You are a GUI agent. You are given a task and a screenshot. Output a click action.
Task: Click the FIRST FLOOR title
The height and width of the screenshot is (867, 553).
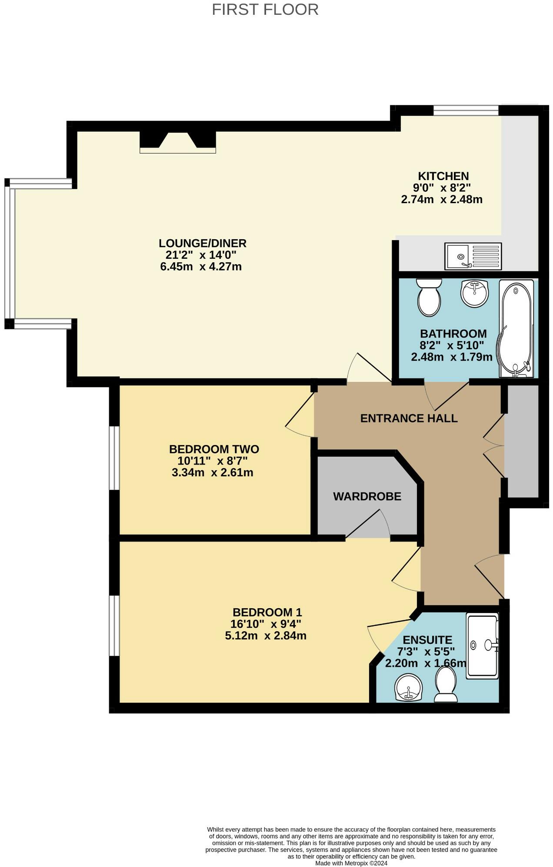(x=265, y=9)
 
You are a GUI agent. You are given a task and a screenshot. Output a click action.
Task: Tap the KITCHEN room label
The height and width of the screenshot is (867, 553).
(x=443, y=176)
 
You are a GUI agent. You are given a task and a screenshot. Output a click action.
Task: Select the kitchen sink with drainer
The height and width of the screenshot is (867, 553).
(x=473, y=256)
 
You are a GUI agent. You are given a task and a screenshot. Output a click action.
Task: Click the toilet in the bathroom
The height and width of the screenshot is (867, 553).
(x=429, y=297)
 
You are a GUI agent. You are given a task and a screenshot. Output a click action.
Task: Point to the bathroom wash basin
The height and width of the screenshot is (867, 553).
(x=474, y=293)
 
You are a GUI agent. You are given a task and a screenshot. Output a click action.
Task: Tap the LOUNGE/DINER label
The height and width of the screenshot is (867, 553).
(x=202, y=243)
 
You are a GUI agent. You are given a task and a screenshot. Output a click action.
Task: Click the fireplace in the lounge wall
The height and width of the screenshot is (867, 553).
(x=177, y=141)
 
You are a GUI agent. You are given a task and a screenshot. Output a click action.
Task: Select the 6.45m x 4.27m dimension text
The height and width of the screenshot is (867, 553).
(x=201, y=267)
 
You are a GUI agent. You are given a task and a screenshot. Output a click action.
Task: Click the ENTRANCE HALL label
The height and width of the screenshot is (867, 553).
(x=409, y=418)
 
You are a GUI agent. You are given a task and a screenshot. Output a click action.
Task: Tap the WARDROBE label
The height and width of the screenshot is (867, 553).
(x=367, y=496)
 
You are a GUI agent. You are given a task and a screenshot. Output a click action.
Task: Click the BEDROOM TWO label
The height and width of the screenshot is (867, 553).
(x=214, y=449)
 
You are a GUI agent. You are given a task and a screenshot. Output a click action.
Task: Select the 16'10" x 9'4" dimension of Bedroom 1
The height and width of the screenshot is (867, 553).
(x=266, y=624)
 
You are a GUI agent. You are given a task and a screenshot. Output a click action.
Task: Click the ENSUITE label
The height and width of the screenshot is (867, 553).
(x=427, y=640)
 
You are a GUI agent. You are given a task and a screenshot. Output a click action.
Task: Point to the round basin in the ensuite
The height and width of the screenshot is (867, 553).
(x=408, y=688)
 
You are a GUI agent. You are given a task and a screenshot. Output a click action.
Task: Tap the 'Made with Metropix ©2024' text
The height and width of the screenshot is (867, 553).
(x=351, y=863)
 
